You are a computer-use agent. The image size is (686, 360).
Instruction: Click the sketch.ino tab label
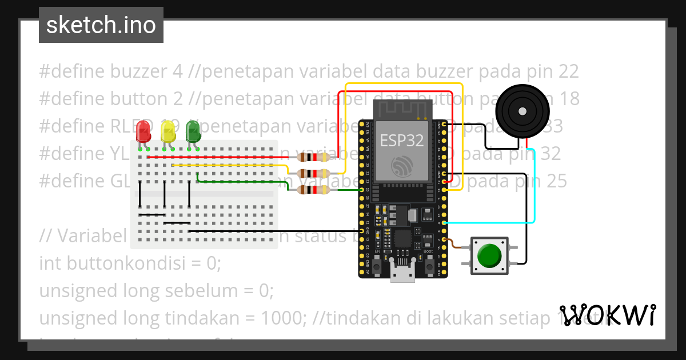pyautogui.click(x=101, y=25)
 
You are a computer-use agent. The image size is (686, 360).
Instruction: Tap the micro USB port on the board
pyautogui.click(x=402, y=273)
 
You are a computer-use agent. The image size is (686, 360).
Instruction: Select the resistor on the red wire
pyautogui.click(x=311, y=157)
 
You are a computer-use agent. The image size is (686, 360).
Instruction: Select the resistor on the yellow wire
pyautogui.click(x=311, y=173)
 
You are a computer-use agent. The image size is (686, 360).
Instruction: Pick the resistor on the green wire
pyautogui.click(x=311, y=190)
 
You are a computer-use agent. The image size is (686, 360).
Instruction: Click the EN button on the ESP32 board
pyautogui.click(x=377, y=266)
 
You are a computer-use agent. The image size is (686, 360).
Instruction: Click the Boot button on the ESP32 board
pyautogui.click(x=429, y=266)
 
